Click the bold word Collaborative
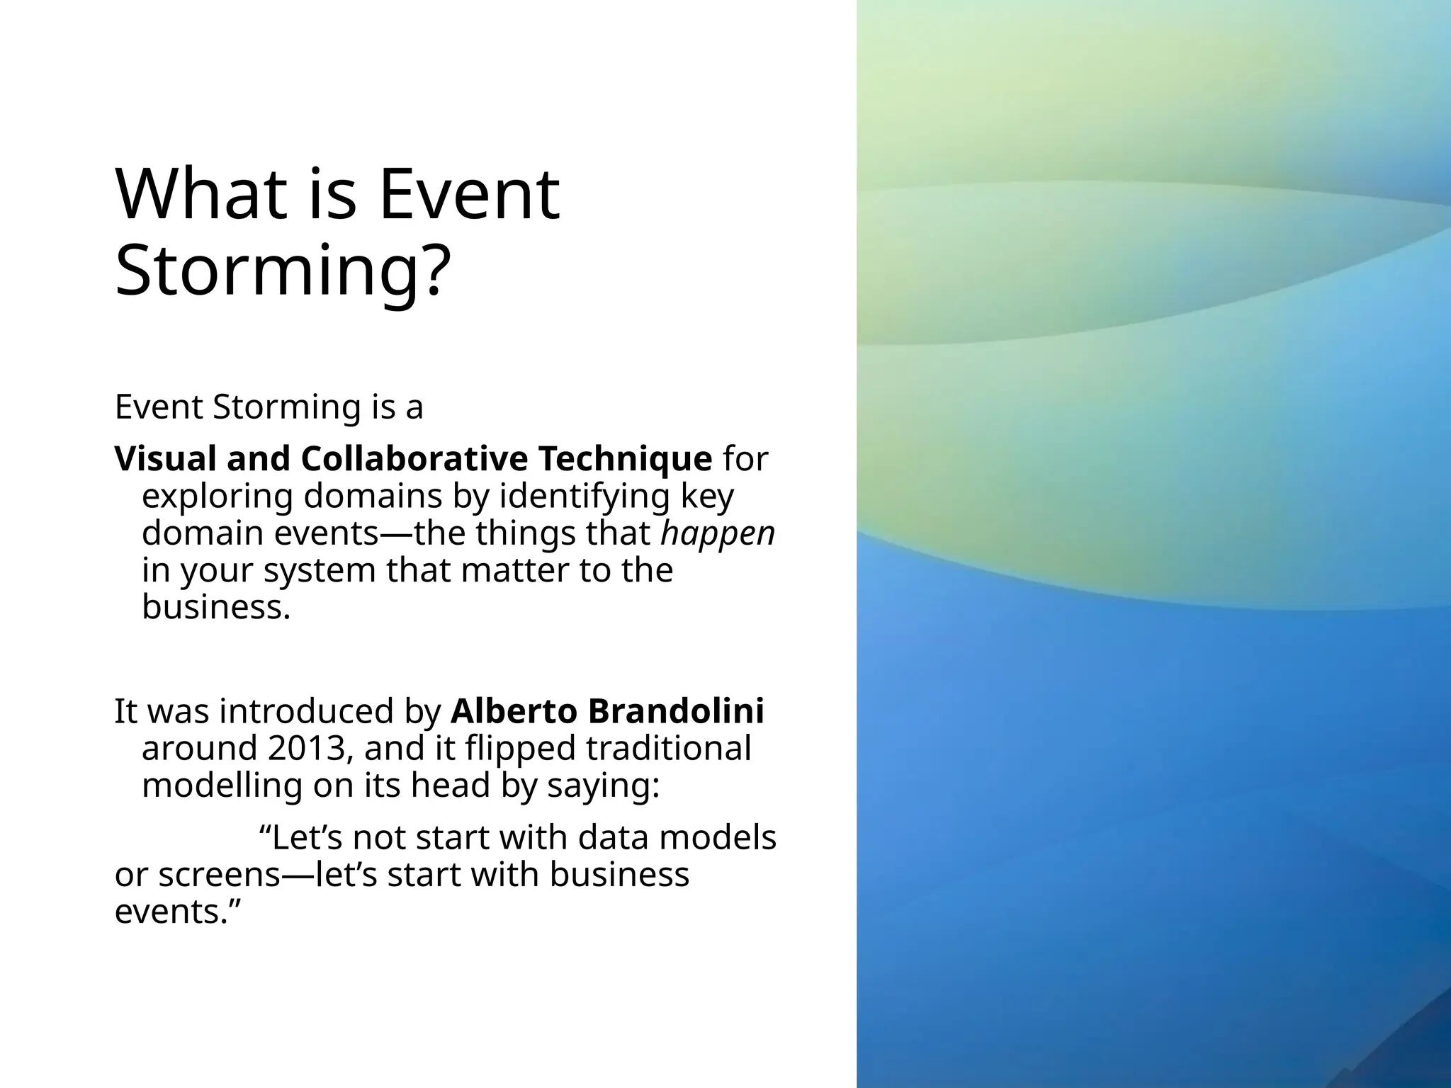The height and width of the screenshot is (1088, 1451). pos(414,459)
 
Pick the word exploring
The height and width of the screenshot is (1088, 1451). pos(217,496)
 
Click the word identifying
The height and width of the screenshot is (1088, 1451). pos(585,496)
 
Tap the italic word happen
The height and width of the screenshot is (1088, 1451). pos(717,533)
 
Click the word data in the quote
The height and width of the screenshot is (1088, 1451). pos(609,838)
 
